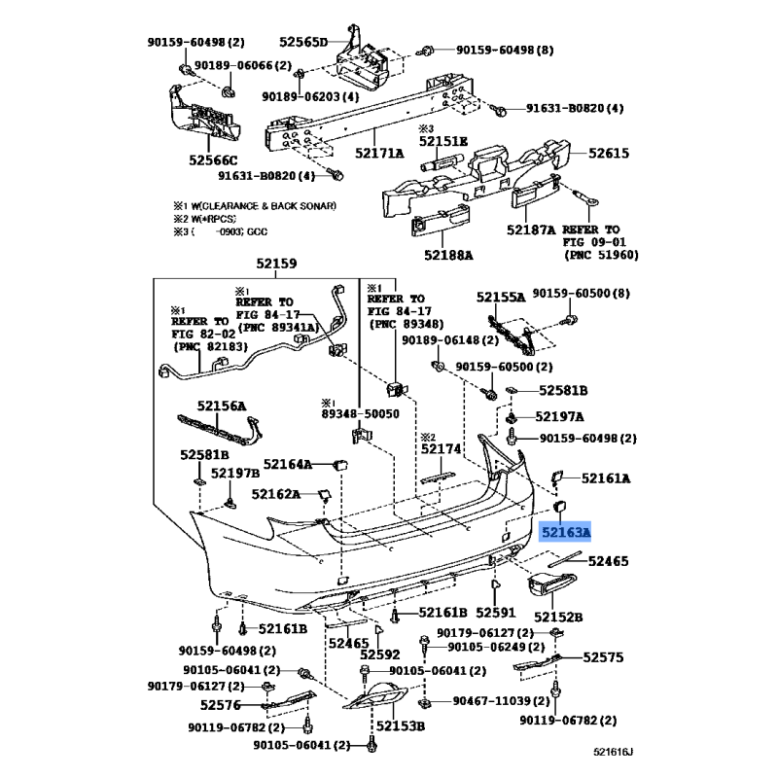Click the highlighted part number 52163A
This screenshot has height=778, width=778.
click(x=566, y=533)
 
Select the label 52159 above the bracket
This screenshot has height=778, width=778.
click(x=276, y=264)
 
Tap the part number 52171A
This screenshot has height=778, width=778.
click(x=379, y=154)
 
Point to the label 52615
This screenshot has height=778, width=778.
click(x=609, y=153)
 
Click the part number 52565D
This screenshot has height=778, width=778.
click(x=303, y=42)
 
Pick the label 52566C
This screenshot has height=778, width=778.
click(x=213, y=160)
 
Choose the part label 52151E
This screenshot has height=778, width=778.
click(x=443, y=141)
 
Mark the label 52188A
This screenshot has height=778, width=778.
click(x=448, y=255)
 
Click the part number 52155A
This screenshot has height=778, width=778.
click(x=501, y=298)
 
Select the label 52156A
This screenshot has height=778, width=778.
click(x=222, y=406)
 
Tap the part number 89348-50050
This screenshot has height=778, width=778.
click(x=360, y=414)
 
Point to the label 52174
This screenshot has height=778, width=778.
click(x=442, y=449)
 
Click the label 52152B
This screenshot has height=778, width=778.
click(x=558, y=617)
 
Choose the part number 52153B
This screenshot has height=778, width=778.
click(x=401, y=725)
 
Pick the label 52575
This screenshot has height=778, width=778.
click(x=603, y=657)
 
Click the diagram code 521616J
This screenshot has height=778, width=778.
click(x=614, y=752)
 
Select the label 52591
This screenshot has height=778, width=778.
click(x=496, y=613)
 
